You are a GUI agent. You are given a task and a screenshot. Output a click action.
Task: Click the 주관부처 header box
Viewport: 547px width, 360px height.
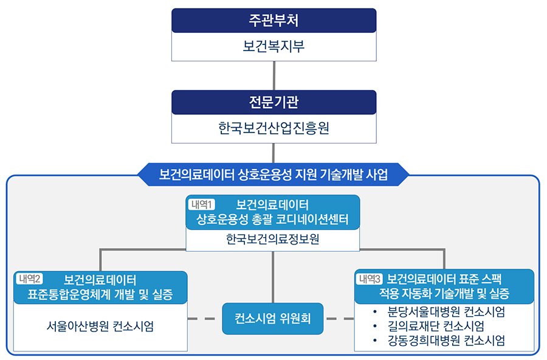point(273,20)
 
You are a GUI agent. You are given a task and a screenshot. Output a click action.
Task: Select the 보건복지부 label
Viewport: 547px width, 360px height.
point(273,46)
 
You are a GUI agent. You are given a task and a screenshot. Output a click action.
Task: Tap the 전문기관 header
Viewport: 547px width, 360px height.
point(273,102)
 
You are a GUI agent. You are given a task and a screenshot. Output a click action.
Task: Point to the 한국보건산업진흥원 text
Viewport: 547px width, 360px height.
point(273,128)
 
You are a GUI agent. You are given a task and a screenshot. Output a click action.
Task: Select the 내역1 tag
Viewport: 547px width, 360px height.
point(202,204)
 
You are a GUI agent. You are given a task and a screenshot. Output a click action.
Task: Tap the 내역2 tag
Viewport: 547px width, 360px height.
point(30,279)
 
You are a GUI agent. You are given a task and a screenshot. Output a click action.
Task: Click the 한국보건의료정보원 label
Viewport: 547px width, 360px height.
point(273,240)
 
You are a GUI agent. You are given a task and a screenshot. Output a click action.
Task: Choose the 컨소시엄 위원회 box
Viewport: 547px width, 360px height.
point(273,318)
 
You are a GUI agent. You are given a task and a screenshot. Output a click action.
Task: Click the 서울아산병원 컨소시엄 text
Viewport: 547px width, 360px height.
point(100,325)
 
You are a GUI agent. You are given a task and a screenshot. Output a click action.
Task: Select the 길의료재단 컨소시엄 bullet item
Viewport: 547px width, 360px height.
point(436,327)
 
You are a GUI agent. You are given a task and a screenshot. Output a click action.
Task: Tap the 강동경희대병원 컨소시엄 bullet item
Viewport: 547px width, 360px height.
point(446,341)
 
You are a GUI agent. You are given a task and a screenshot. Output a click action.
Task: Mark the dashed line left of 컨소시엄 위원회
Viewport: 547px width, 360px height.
point(204,318)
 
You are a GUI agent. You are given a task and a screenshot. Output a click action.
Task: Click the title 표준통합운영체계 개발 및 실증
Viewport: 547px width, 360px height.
point(100,296)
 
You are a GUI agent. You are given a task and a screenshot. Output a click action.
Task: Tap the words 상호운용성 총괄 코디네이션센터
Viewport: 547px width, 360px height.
point(273,220)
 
